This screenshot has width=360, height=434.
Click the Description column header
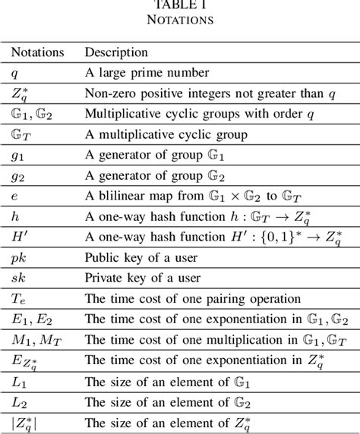(x=116, y=53)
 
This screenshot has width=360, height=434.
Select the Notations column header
(x=38, y=53)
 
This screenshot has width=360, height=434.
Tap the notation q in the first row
(x=15, y=74)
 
